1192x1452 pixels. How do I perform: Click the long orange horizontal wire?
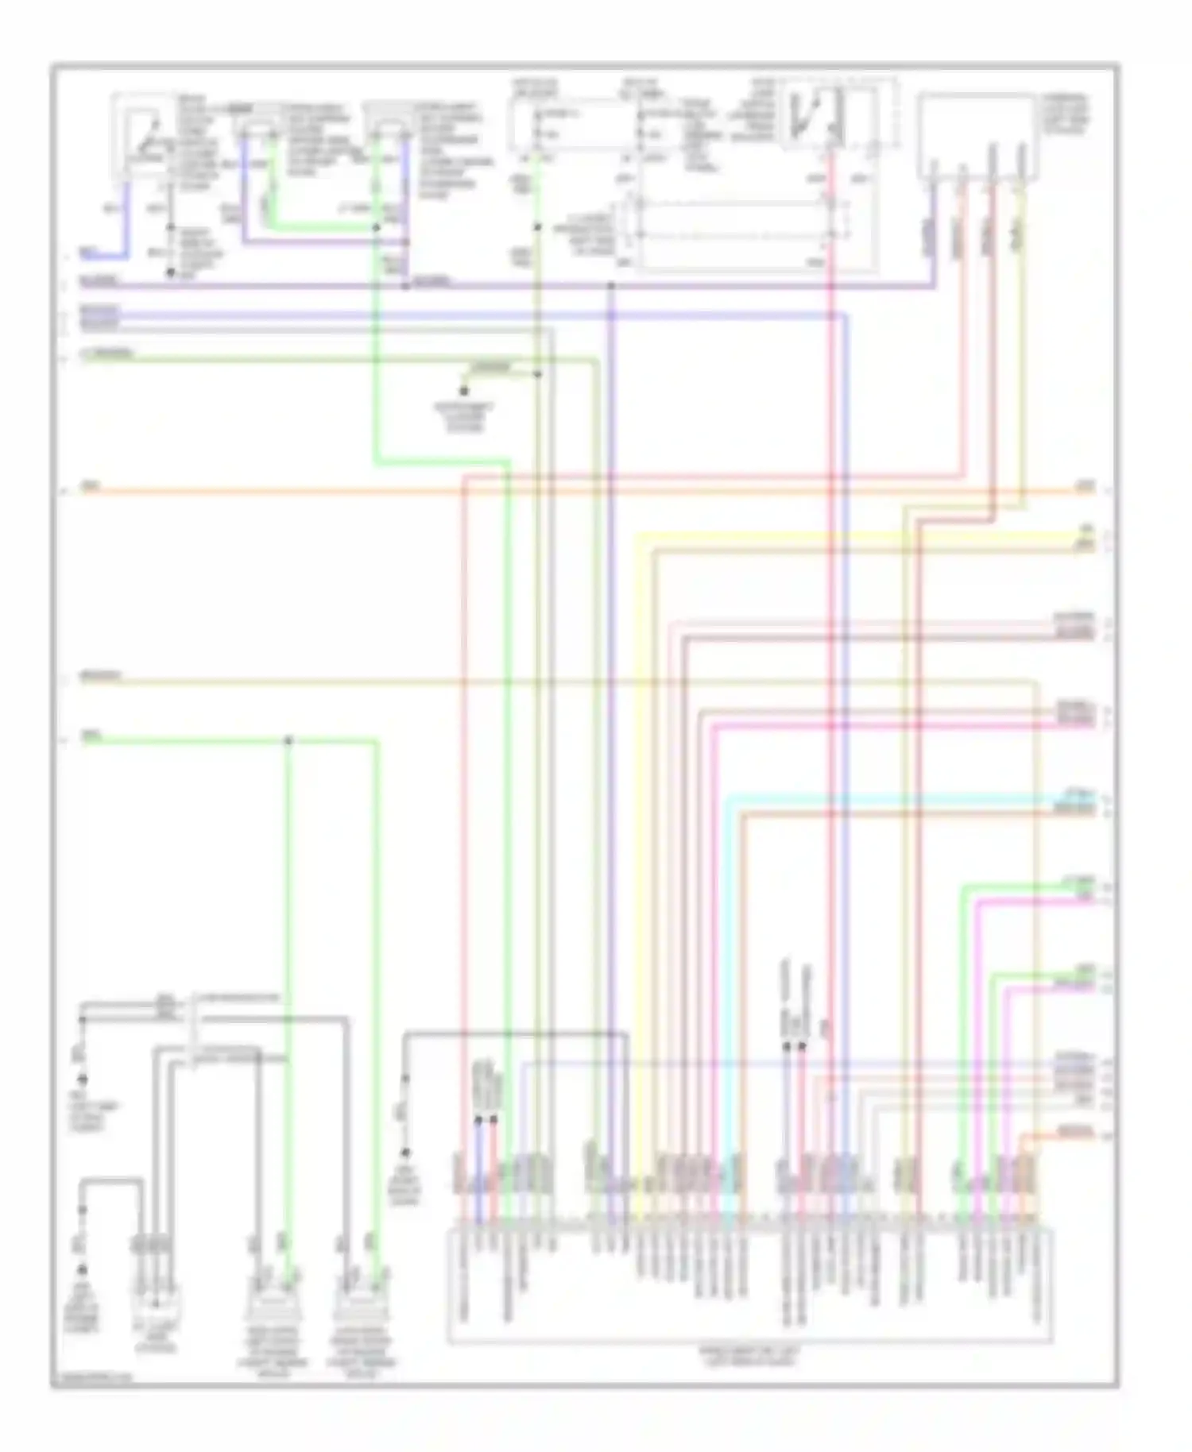point(318,492)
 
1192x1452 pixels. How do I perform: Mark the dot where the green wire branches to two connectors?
point(288,741)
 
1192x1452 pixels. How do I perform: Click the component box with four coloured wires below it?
point(976,135)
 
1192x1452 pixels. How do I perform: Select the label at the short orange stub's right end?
point(1075,1130)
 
